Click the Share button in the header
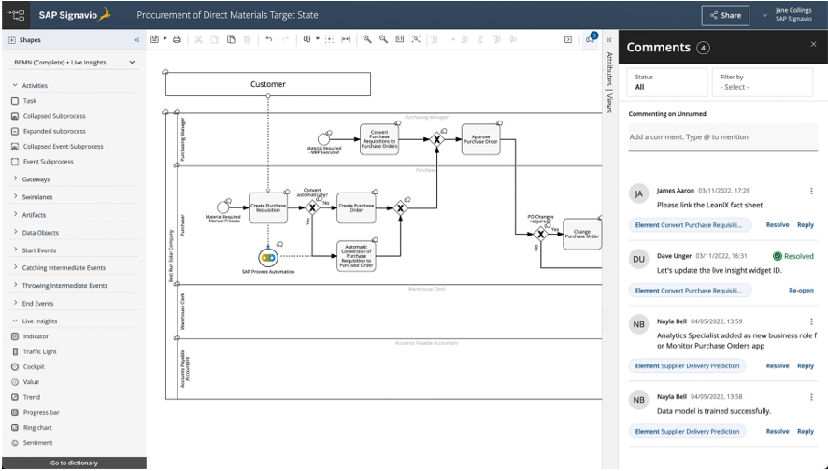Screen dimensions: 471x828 (x=725, y=15)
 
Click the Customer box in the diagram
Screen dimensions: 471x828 (x=268, y=84)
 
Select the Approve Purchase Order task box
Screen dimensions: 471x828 (x=480, y=140)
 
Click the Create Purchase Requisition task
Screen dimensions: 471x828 (x=268, y=207)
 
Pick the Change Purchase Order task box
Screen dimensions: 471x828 (x=581, y=234)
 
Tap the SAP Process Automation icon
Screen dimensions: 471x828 (x=268, y=256)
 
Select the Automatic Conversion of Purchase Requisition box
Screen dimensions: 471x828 (x=356, y=256)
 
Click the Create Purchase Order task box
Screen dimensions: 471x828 (x=356, y=207)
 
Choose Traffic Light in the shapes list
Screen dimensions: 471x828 (x=39, y=351)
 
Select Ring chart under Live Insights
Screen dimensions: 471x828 (x=38, y=427)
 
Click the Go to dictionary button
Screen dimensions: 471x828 (x=74, y=463)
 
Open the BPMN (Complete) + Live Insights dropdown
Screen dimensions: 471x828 (x=74, y=63)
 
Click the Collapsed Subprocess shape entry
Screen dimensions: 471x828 (x=53, y=116)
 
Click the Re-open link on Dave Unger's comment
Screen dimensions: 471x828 (x=801, y=291)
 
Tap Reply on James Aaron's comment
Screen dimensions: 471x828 (x=805, y=225)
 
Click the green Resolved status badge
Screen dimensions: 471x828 (x=792, y=255)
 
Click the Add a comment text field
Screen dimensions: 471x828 (x=721, y=137)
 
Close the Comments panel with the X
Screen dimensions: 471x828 (x=813, y=44)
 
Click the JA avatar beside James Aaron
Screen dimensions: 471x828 (x=639, y=193)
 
